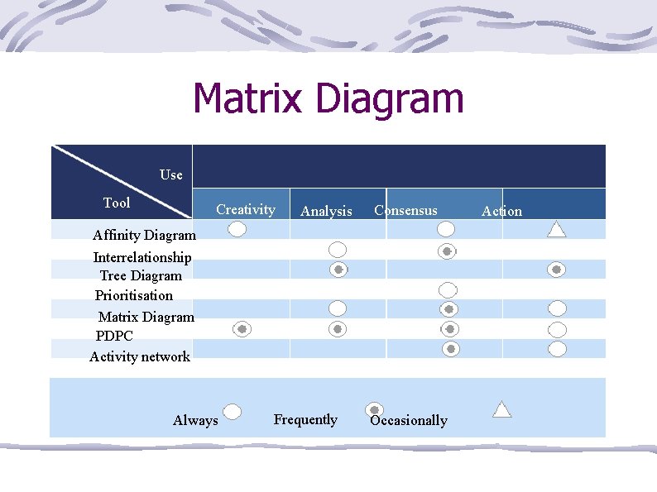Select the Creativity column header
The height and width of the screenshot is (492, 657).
pyautogui.click(x=245, y=209)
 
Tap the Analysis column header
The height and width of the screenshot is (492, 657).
pyautogui.click(x=326, y=212)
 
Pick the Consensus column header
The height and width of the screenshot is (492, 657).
pyautogui.click(x=405, y=210)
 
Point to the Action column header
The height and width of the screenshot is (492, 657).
pyautogui.click(x=501, y=211)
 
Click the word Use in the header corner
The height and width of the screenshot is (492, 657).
pyautogui.click(x=171, y=174)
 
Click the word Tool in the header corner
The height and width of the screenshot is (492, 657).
pyautogui.click(x=117, y=203)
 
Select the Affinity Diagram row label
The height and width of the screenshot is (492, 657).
pyautogui.click(x=144, y=236)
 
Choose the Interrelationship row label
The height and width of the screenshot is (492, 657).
pyautogui.click(x=142, y=257)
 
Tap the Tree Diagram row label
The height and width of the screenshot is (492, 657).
pyautogui.click(x=141, y=275)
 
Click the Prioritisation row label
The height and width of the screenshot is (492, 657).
pyautogui.click(x=134, y=295)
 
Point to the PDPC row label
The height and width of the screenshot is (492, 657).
pyautogui.click(x=114, y=336)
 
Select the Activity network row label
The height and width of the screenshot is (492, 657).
pyautogui.click(x=140, y=356)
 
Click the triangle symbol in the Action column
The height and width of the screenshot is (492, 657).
pyautogui.click(x=557, y=229)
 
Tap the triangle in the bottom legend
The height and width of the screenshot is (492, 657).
pyautogui.click(x=502, y=408)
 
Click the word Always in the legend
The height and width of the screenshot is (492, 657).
pyautogui.click(x=195, y=420)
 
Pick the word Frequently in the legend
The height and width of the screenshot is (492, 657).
pyautogui.click(x=305, y=419)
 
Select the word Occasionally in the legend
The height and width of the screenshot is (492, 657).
pyautogui.click(x=409, y=420)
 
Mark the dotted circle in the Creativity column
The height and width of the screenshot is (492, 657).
pyautogui.click(x=242, y=329)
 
